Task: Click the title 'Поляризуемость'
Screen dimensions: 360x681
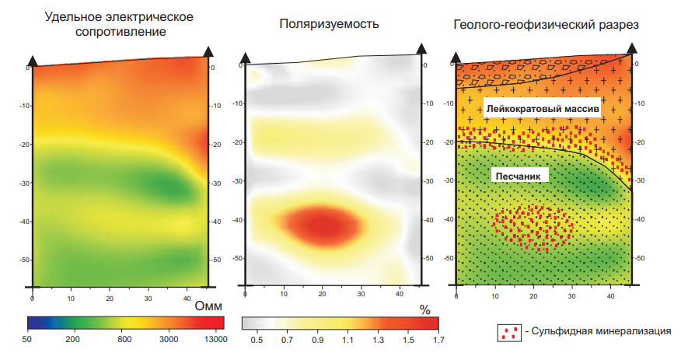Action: coord(329,24)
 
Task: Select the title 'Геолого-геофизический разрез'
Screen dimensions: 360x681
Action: coord(546,25)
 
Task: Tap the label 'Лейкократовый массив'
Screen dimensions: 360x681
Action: coord(543,110)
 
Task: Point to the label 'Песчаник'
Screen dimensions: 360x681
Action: coord(521,177)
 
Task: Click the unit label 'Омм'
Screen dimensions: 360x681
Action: coord(208,306)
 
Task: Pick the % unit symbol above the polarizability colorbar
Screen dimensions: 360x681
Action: coord(424,308)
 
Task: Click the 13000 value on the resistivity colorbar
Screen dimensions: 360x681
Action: coord(214,339)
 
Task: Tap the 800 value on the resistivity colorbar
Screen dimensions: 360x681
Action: coord(123,339)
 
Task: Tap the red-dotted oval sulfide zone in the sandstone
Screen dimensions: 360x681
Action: coord(533,227)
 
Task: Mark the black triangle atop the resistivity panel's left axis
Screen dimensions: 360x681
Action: coord(32,60)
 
